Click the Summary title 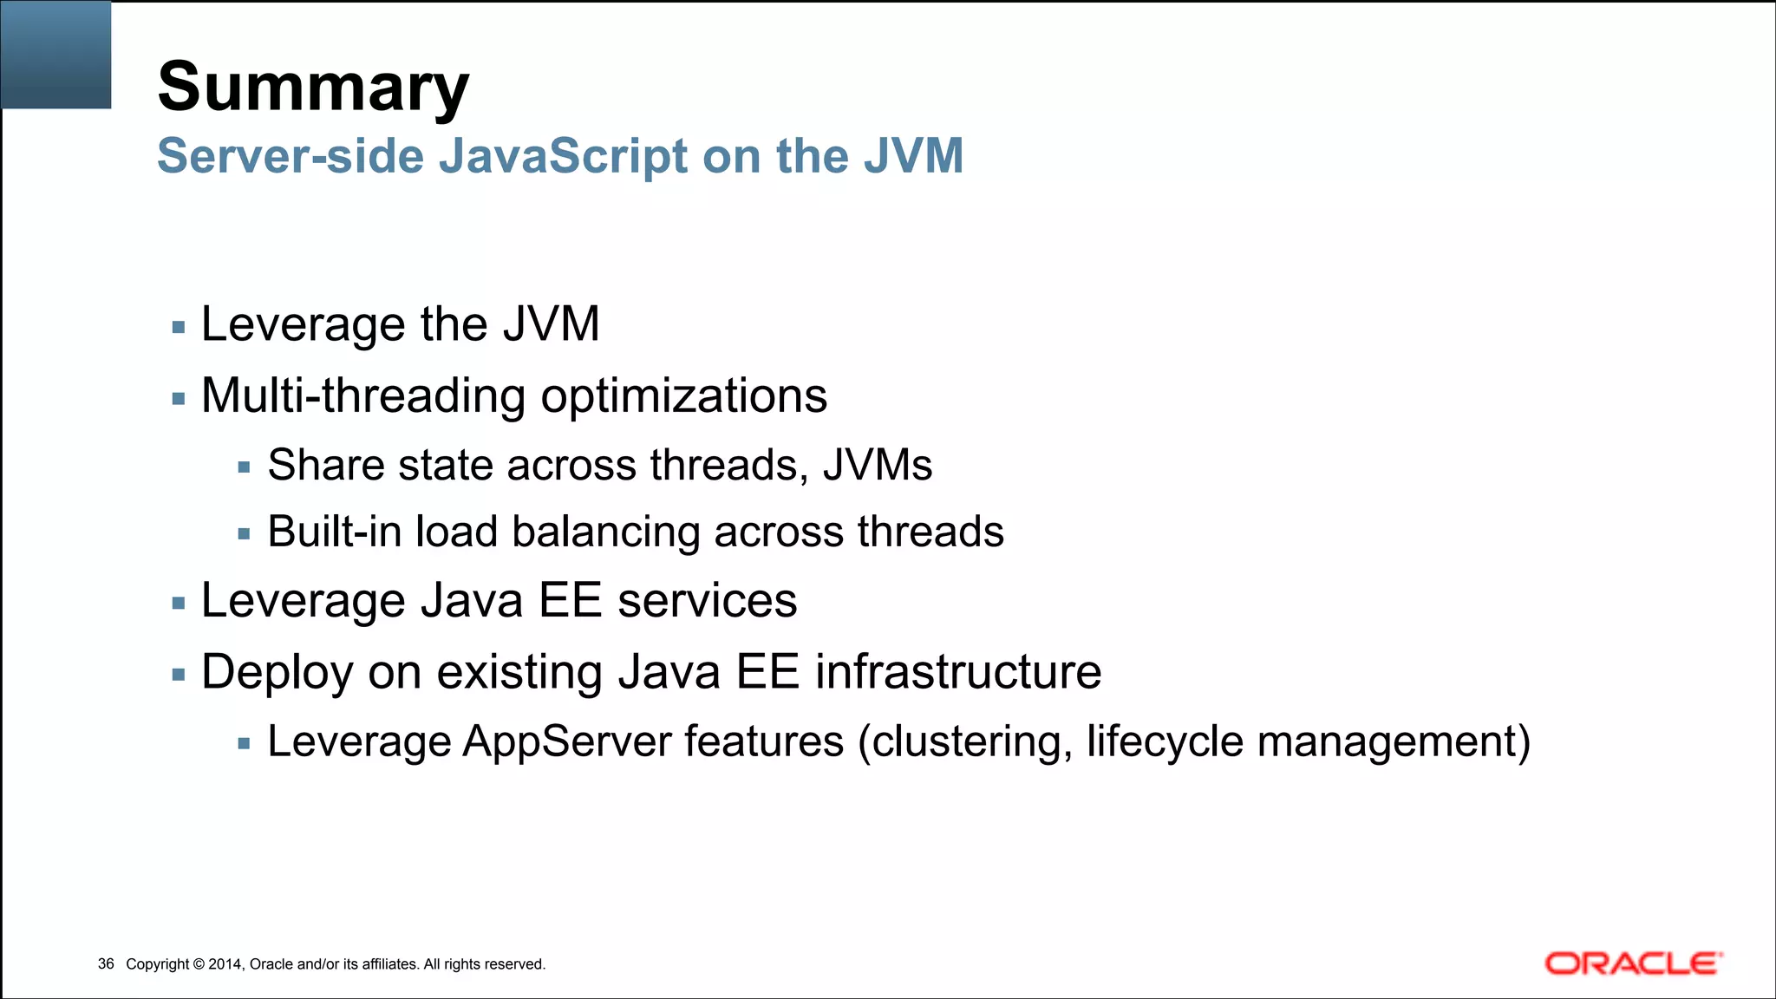click(313, 88)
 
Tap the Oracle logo click(1633, 963)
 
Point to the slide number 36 click(106, 964)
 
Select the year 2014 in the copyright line click(225, 964)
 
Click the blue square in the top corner click(56, 55)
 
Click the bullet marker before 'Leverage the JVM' click(179, 328)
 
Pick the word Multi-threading click(363, 396)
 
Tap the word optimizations click(684, 396)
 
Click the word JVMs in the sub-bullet click(878, 465)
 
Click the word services click(707, 600)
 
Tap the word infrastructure click(958, 672)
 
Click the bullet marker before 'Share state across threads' click(244, 467)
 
